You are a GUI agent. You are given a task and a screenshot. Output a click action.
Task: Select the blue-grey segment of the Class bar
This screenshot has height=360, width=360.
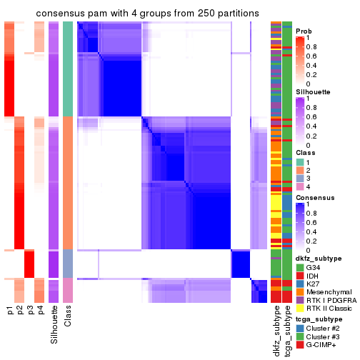68,264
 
